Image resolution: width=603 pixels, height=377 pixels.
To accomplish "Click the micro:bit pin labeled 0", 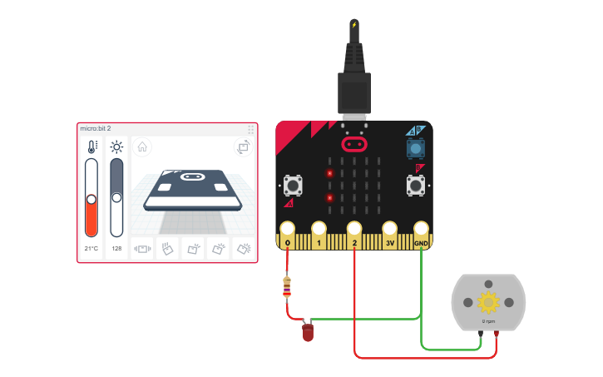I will coord(288,229).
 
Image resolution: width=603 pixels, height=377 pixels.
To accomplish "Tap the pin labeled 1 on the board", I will coord(319,229).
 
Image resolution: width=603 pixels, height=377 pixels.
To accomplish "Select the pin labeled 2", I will coord(354,229).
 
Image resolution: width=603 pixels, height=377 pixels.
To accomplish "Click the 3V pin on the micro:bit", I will coord(389,229).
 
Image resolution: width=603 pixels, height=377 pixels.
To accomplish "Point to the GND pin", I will coord(422,229).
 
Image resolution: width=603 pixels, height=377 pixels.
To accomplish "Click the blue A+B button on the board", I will coord(414,148).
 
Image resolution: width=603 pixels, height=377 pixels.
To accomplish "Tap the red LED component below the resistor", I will coord(308,333).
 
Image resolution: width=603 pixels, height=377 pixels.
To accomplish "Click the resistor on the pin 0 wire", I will coord(288,287).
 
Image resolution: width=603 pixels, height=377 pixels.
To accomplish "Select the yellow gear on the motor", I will coord(488,302).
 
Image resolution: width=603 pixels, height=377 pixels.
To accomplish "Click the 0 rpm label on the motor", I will coord(488,320).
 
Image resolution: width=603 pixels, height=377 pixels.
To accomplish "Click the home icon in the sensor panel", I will coord(142,147).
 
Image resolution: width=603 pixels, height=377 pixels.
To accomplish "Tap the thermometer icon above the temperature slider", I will coord(91,148).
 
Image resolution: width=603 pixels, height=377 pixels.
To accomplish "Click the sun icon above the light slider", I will coord(116,148).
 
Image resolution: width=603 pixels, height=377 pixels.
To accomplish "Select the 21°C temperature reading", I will coord(91,248).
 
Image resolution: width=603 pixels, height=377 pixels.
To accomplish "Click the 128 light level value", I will coord(116,248).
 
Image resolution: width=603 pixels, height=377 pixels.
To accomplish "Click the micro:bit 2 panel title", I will coord(96,129).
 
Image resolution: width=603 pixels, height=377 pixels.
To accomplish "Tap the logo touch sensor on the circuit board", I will coord(354,143).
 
